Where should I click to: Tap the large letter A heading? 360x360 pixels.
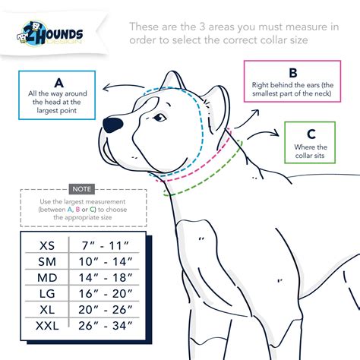tap(58, 82)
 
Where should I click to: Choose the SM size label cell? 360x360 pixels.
tap(47, 262)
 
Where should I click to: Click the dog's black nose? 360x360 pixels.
tap(112, 123)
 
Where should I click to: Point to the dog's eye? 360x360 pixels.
tap(160, 118)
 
